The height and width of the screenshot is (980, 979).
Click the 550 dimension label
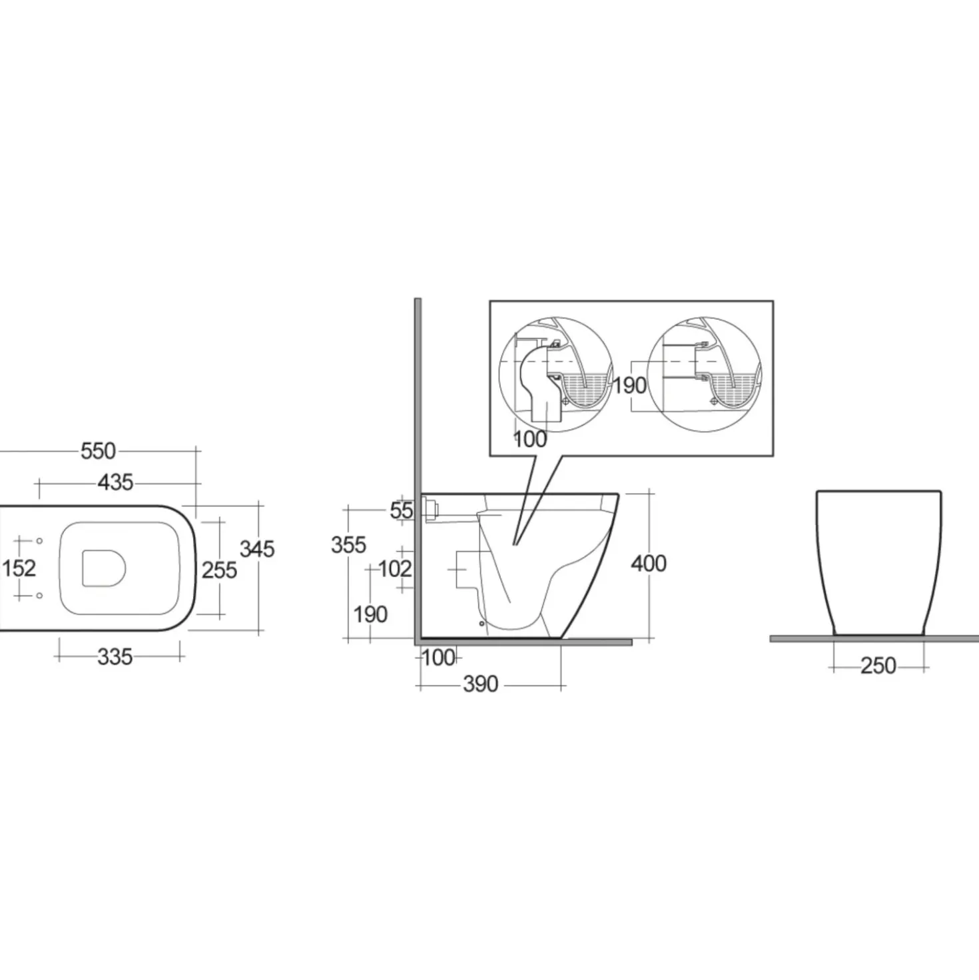coord(98,451)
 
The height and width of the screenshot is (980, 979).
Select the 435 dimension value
coord(115,482)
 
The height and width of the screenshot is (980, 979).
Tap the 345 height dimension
coord(257,549)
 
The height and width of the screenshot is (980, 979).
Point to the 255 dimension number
coord(220,570)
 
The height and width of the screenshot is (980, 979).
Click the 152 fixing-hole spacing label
coord(19,568)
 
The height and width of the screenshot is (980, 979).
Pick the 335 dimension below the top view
coord(115,658)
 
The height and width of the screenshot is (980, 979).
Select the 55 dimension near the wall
coord(402,510)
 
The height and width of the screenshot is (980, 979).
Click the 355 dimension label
coord(348,545)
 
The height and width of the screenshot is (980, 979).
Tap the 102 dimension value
coord(395,568)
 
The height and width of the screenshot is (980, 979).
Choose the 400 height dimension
coord(649,564)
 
